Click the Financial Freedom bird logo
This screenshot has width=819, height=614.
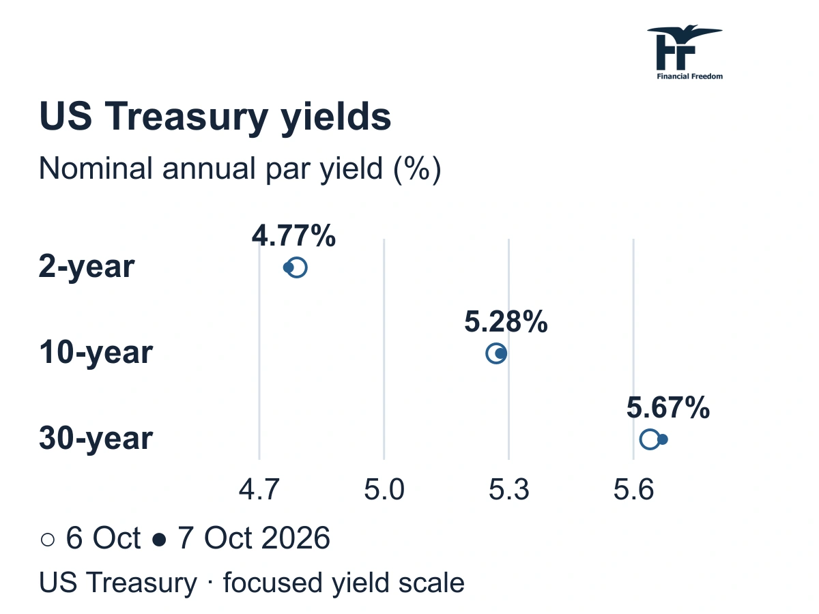pyautogui.click(x=685, y=53)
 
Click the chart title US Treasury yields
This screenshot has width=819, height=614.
pyautogui.click(x=215, y=117)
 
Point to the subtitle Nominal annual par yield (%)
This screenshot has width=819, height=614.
pyautogui.click(x=240, y=169)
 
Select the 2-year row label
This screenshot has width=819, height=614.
pyautogui.click(x=87, y=267)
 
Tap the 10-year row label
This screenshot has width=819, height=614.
pyautogui.click(x=96, y=353)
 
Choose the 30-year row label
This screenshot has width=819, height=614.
pyautogui.click(x=96, y=439)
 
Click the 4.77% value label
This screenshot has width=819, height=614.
pyautogui.click(x=293, y=235)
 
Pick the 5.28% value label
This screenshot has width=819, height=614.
pyautogui.click(x=506, y=321)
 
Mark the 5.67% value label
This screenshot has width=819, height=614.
pyautogui.click(x=668, y=407)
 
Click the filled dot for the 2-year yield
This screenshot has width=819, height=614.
pyautogui.click(x=289, y=267)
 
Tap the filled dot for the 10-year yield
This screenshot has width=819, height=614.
pyautogui.click(x=500, y=353)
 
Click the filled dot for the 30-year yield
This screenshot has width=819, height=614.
pyautogui.click(x=662, y=439)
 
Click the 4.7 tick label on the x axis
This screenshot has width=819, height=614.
pyautogui.click(x=259, y=489)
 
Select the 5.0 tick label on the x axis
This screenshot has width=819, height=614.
pyautogui.click(x=384, y=489)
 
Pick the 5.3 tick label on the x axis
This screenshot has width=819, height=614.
pyautogui.click(x=508, y=489)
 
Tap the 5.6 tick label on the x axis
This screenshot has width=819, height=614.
pyautogui.click(x=633, y=489)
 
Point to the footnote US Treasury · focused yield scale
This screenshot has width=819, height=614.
pyautogui.click(x=252, y=583)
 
